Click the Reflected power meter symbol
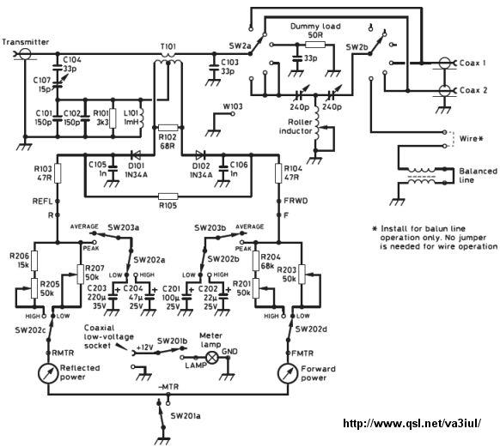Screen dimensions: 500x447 (48, 374)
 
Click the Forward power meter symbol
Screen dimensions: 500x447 (289, 374)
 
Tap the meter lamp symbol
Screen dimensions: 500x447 (211, 357)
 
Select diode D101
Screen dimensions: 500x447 (136, 155)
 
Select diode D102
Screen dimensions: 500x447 (200, 155)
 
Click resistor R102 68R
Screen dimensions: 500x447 (168, 128)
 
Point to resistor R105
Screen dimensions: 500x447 (168, 196)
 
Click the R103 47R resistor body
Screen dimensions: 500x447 (58, 173)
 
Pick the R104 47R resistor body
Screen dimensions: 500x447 (278, 173)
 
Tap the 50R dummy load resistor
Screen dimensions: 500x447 (315, 45)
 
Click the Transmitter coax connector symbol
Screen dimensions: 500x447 (24, 53)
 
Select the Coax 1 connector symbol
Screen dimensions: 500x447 (445, 63)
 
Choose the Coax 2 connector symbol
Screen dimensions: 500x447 (445, 90)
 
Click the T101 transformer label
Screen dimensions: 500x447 (168, 47)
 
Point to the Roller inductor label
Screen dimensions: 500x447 (296, 126)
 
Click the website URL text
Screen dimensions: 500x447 (412, 423)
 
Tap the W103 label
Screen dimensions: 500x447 (233, 106)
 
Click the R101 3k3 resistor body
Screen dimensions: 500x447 (113, 118)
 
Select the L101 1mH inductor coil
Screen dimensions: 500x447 (141, 118)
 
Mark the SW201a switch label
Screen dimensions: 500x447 (186, 416)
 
